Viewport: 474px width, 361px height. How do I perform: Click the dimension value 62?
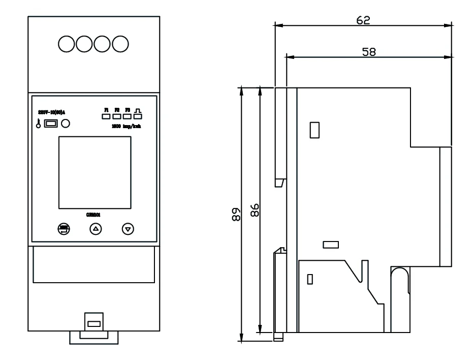pos(363,19)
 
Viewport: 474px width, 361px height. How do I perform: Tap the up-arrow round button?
pos(96,229)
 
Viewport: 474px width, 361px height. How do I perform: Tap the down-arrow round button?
pos(128,229)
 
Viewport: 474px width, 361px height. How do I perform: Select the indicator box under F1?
pos(106,116)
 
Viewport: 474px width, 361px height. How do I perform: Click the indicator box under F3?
pos(127,116)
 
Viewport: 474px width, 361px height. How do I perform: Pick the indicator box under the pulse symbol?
pos(137,116)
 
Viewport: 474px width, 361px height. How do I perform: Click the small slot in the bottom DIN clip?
pos(93,324)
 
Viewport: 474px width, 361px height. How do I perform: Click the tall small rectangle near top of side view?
pos(314,130)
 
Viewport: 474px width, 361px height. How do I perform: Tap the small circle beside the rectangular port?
pos(65,123)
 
